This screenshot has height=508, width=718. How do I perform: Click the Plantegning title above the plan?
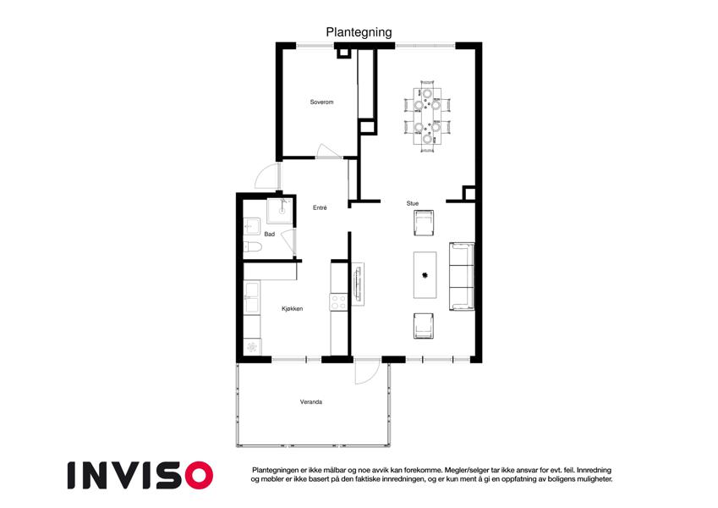[359, 32]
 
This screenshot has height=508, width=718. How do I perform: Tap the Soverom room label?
[321, 102]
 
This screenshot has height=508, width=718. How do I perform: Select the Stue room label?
[413, 203]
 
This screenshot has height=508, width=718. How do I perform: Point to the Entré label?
[320, 207]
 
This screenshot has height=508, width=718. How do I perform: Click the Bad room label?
[269, 235]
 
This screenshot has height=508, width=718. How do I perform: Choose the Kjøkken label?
[292, 308]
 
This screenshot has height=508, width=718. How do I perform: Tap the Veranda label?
[311, 402]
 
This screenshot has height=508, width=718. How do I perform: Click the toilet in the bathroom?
[252, 247]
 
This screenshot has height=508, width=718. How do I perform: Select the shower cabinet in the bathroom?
[280, 211]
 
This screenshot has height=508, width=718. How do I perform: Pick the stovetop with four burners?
[339, 301]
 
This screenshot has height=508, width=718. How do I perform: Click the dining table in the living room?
[427, 115]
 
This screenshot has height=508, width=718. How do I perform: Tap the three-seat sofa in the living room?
[462, 277]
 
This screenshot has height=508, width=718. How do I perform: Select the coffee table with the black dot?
[425, 275]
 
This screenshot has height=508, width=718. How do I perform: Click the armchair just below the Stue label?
[424, 224]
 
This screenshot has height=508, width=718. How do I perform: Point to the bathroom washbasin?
[251, 226]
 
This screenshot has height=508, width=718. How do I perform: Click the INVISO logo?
[140, 476]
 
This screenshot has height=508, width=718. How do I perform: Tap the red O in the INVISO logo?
[200, 476]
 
